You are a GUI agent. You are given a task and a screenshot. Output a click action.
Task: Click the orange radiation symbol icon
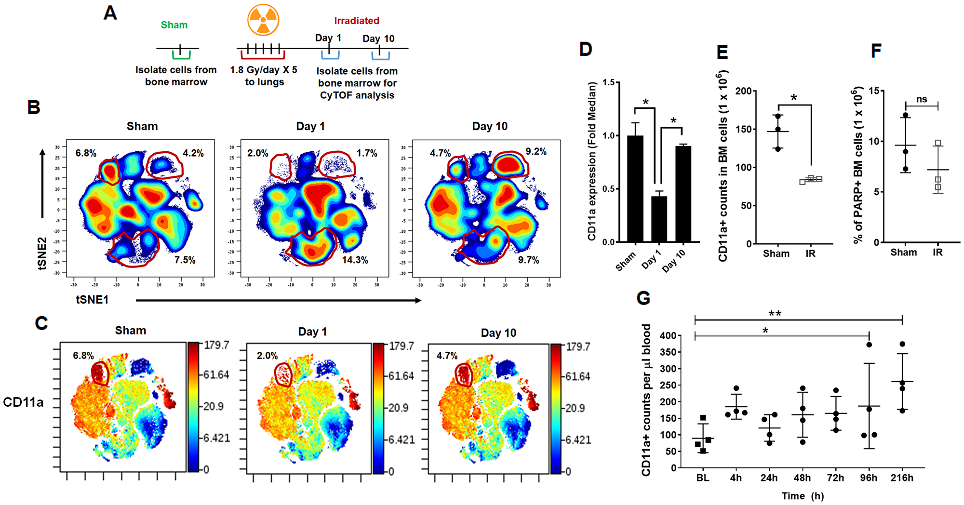click(263, 20)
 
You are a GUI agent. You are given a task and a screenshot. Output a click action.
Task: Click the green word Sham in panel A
click(174, 25)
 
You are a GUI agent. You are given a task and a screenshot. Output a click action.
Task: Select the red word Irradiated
click(357, 21)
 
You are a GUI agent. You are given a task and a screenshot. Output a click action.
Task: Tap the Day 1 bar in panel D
click(659, 219)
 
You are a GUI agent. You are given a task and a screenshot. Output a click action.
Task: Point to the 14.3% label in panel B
click(355, 260)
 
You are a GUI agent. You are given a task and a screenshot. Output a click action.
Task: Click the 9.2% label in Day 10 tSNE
click(536, 152)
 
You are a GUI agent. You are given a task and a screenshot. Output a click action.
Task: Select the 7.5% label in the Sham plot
click(185, 260)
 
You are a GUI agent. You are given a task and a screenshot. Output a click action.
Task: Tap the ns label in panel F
click(921, 99)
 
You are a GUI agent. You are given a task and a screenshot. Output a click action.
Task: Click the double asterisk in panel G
click(775, 314)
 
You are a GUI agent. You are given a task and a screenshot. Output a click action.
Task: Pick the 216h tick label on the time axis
click(901, 478)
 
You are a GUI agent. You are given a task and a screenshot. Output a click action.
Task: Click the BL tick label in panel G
click(702, 478)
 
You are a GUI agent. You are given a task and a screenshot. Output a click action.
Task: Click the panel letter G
click(643, 298)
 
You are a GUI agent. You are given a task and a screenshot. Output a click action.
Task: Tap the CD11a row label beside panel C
click(23, 402)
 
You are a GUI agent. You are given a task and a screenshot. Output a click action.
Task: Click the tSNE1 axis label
click(92, 300)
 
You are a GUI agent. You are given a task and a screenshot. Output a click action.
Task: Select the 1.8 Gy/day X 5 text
click(264, 70)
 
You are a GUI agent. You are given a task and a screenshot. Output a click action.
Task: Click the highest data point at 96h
click(869, 345)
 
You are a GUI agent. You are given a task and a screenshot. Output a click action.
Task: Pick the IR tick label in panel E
click(810, 253)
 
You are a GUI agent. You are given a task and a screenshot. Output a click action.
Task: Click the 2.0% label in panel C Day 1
click(267, 356)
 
